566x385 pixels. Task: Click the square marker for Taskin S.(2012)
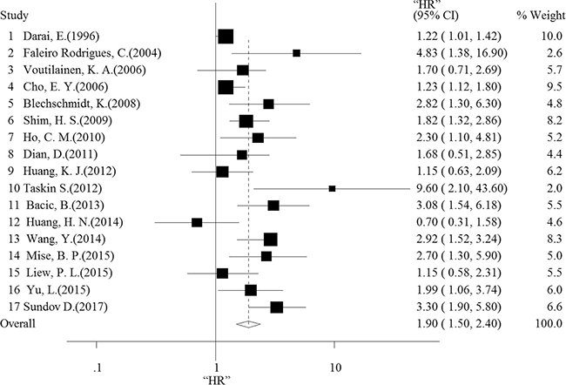click(x=332, y=188)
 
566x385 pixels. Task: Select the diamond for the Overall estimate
click(x=248, y=324)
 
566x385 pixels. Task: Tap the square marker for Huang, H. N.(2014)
click(x=197, y=222)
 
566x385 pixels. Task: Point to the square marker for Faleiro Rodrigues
click(x=296, y=53)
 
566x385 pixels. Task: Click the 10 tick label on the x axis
click(x=335, y=368)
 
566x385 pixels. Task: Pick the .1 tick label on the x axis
click(x=97, y=368)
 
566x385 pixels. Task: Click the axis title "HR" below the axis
click(x=217, y=380)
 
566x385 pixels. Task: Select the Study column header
click(x=14, y=16)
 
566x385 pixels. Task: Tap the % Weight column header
click(x=541, y=15)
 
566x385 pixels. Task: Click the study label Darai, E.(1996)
click(x=61, y=36)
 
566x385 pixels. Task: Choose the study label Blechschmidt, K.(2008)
click(x=82, y=104)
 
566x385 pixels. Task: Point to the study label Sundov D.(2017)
click(x=65, y=307)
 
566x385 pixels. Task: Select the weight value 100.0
click(x=549, y=324)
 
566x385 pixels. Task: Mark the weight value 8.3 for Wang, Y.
click(x=555, y=239)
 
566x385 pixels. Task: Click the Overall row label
click(x=17, y=324)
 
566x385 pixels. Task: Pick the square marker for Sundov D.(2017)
click(x=277, y=307)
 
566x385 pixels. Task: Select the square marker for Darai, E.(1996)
click(x=226, y=37)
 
